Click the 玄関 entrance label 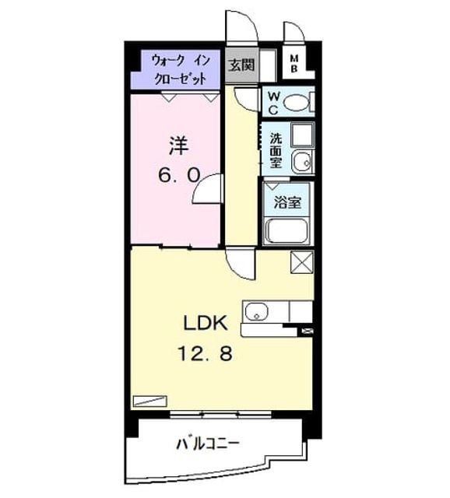coord(242,65)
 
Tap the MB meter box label coord(294,64)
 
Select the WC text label coord(273,103)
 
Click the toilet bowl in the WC coord(296,103)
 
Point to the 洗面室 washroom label coord(276,150)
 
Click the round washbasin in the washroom coord(301,161)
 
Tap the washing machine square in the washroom coord(302,135)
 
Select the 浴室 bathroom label coord(287,202)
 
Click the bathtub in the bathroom coord(287,231)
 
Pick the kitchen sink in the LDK coord(257,311)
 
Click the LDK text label coord(206,324)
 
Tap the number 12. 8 coord(206,353)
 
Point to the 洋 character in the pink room coord(179,146)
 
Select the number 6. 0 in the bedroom coord(179,175)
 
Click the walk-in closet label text coord(181,69)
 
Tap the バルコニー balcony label coord(207,444)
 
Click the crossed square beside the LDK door coord(302,261)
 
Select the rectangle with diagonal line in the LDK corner coord(150,401)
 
